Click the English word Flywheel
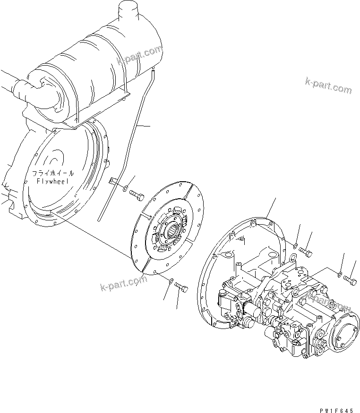tap(52, 181)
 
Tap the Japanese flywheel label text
tap(53, 173)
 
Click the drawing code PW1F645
tap(336, 410)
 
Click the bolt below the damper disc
tap(181, 287)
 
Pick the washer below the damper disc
tap(171, 280)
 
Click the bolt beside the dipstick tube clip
tap(137, 196)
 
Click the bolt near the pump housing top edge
tap(306, 253)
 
